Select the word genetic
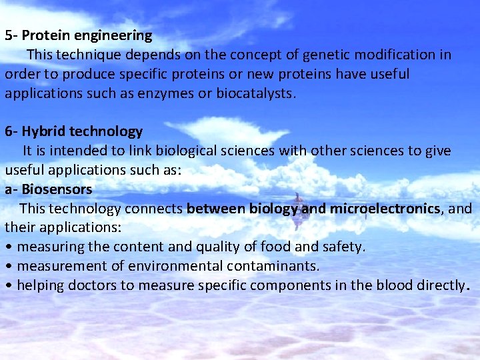pyautogui.click(x=316, y=55)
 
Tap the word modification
pyautogui.click(x=387, y=55)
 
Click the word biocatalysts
pyautogui.click(x=255, y=93)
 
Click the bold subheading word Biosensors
pyautogui.click(x=57, y=189)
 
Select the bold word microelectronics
pyautogui.click(x=385, y=209)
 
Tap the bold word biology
pyautogui.click(x=273, y=209)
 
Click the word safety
pyautogui.click(x=343, y=247)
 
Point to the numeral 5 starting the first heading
pyautogui.click(x=8, y=35)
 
